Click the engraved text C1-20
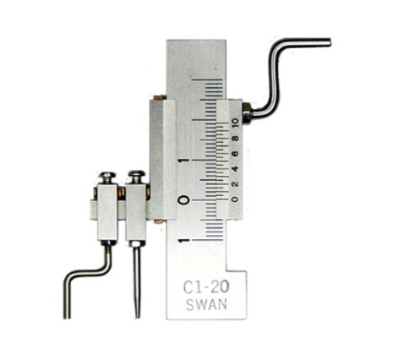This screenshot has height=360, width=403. [x=206, y=287]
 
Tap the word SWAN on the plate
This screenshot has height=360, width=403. [x=206, y=304]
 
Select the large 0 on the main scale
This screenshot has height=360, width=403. [x=183, y=200]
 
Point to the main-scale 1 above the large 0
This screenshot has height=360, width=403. [x=184, y=161]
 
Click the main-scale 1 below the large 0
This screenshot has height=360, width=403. [x=183, y=240]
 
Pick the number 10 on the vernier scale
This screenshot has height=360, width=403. [x=236, y=123]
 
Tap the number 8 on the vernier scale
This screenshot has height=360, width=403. [x=236, y=138]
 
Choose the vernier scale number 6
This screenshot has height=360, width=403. [x=236, y=154]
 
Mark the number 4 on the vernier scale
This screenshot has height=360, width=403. [x=236, y=169]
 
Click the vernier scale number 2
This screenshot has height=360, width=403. [x=236, y=184]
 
